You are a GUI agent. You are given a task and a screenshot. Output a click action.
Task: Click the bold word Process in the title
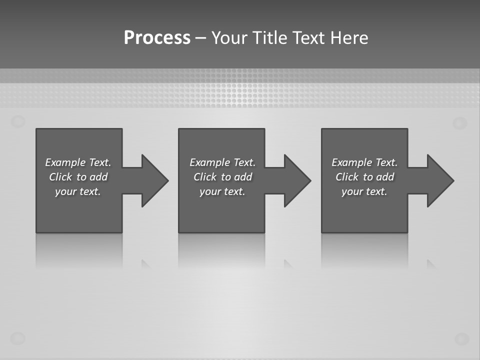point(157,38)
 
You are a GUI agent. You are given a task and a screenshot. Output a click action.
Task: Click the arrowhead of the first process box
point(154,180)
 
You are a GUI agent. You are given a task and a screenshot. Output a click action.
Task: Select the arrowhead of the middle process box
point(297,180)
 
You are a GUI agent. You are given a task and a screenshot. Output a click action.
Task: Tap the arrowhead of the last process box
point(440,180)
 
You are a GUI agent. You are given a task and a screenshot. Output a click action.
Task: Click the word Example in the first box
point(65,162)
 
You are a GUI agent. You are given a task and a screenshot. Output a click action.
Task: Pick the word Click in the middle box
point(204,177)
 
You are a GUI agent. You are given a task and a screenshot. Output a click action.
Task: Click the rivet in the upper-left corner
point(18,121)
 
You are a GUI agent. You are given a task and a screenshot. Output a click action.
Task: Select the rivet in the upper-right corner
point(460,123)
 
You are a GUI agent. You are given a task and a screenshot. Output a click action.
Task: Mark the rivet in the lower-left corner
point(18,338)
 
